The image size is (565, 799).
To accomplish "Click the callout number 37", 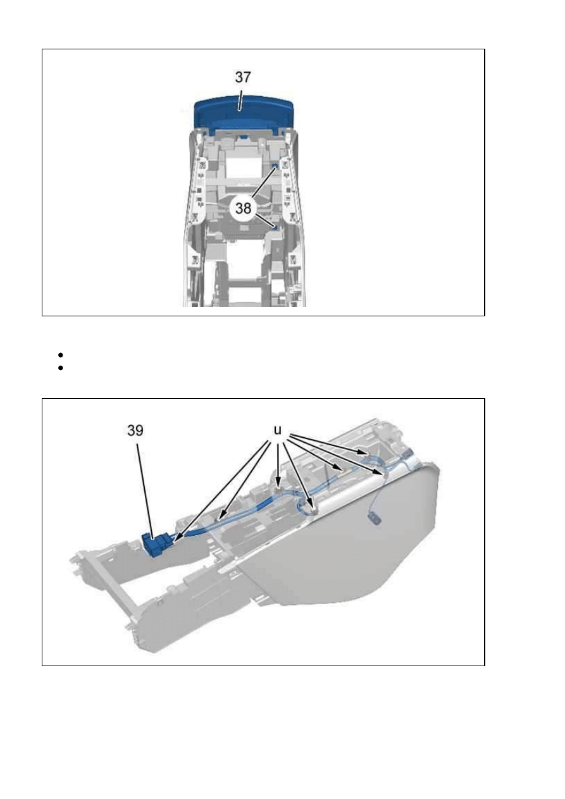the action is click(x=243, y=77).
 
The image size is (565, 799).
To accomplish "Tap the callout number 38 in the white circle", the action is click(x=243, y=208).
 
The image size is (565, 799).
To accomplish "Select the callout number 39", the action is click(x=135, y=431).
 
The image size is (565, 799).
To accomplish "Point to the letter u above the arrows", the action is click(x=278, y=430).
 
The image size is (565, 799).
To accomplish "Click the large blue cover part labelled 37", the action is click(x=243, y=113).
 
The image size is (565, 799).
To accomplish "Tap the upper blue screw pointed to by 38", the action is click(x=275, y=166).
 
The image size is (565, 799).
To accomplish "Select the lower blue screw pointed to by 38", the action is click(x=275, y=227).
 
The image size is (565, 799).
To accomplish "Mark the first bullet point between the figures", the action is click(x=60, y=355).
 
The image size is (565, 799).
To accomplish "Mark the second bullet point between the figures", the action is click(x=60, y=368).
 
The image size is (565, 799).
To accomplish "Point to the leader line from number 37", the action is click(x=241, y=100).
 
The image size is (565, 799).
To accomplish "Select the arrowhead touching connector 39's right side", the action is click(x=178, y=539).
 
